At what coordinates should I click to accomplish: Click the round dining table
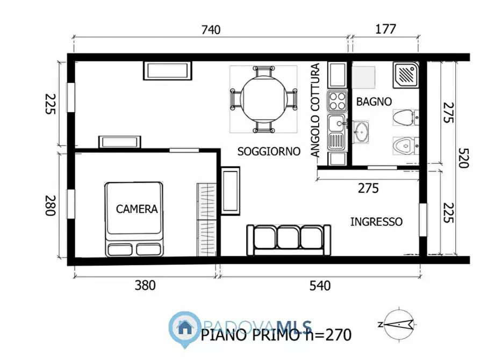point(263,99)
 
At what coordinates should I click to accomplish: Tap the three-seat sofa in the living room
point(288,240)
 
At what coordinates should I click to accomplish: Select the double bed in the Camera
point(134,218)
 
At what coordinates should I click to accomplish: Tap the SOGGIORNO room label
point(269,152)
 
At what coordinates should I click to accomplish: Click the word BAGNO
point(374,101)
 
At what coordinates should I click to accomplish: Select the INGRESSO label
point(376,221)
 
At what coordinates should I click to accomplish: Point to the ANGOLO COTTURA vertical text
point(316,110)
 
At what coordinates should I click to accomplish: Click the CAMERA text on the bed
point(137,209)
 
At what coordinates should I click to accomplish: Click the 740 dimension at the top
point(211,30)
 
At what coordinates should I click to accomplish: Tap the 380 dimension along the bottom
point(145,285)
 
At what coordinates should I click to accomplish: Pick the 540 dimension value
point(320,285)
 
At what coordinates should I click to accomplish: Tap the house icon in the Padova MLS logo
point(184,326)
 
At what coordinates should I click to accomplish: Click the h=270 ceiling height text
point(329,335)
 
